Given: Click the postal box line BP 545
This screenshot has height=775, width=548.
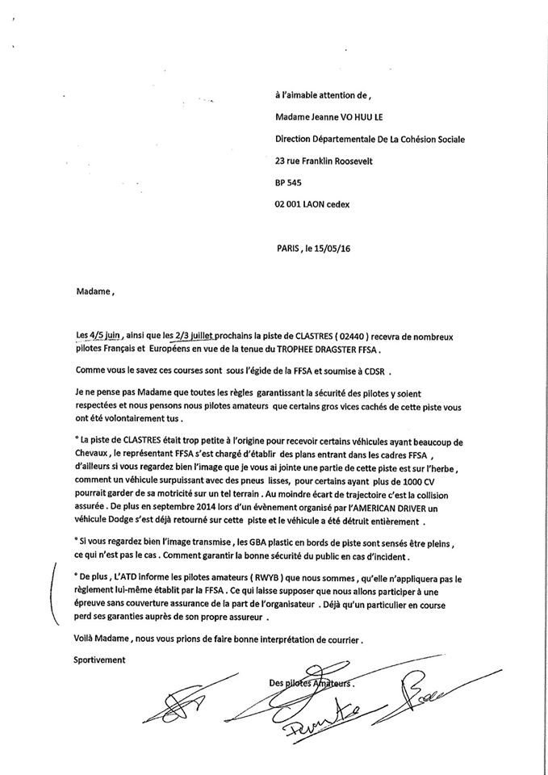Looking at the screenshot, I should coord(288,182).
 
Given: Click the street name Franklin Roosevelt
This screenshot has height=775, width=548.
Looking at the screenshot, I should coord(342,160).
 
